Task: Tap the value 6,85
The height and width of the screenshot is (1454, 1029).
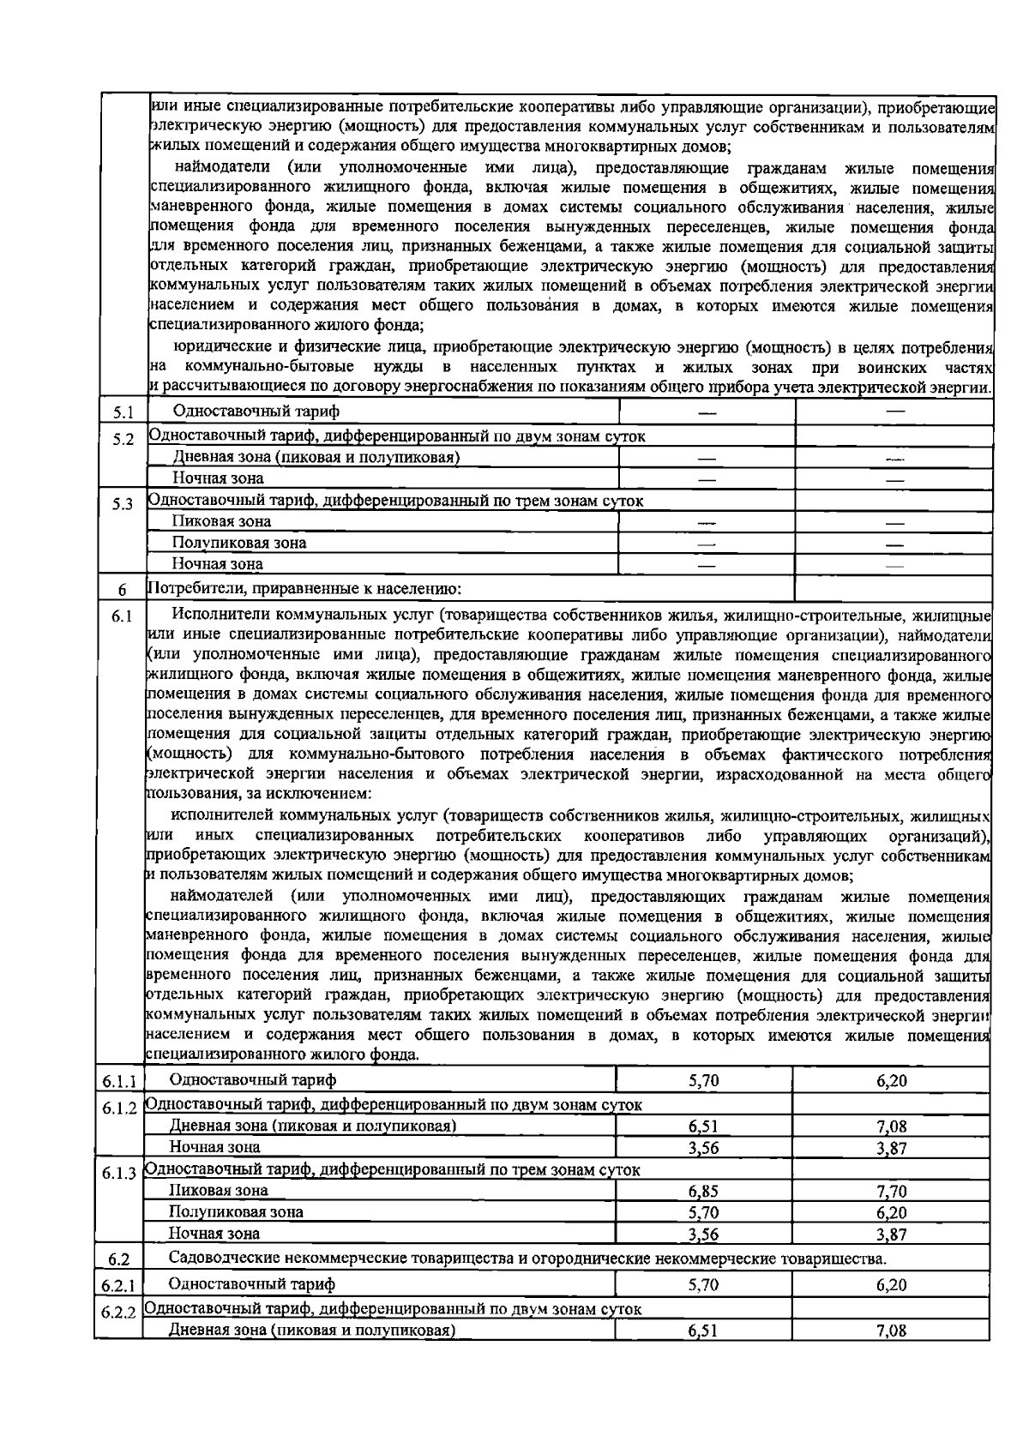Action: pyautogui.click(x=703, y=1191)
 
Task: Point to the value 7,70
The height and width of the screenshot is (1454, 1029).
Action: pyautogui.click(x=892, y=1191)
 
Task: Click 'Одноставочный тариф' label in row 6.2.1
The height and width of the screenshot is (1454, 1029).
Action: pyautogui.click(x=252, y=1284)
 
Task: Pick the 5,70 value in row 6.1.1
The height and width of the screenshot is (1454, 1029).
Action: pyautogui.click(x=703, y=1080)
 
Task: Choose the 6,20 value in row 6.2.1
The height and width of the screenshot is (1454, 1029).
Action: pyautogui.click(x=892, y=1285)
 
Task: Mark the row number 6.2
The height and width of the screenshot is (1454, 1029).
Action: pyautogui.click(x=120, y=1259)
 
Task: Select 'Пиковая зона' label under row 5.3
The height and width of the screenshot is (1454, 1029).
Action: pyautogui.click(x=221, y=521)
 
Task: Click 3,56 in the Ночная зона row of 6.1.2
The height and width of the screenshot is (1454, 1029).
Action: pyautogui.click(x=703, y=1147)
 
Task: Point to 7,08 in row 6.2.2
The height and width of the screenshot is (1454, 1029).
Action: pyautogui.click(x=892, y=1331)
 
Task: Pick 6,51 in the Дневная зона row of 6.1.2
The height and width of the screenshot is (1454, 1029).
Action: pyautogui.click(x=703, y=1126)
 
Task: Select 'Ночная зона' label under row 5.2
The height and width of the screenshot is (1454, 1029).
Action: pyautogui.click(x=218, y=478)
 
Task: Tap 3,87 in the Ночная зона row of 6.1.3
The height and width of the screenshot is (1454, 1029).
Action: pyautogui.click(x=892, y=1235)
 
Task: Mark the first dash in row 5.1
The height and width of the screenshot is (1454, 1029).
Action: pyautogui.click(x=707, y=413)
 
